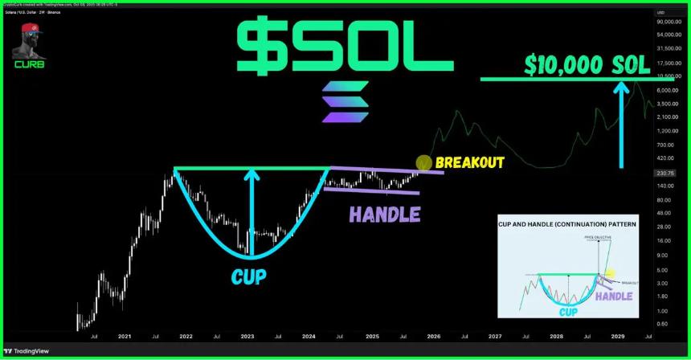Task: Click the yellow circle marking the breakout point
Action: point(424,162)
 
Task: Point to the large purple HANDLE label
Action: point(384,215)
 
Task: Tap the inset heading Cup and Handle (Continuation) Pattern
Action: point(567,226)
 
